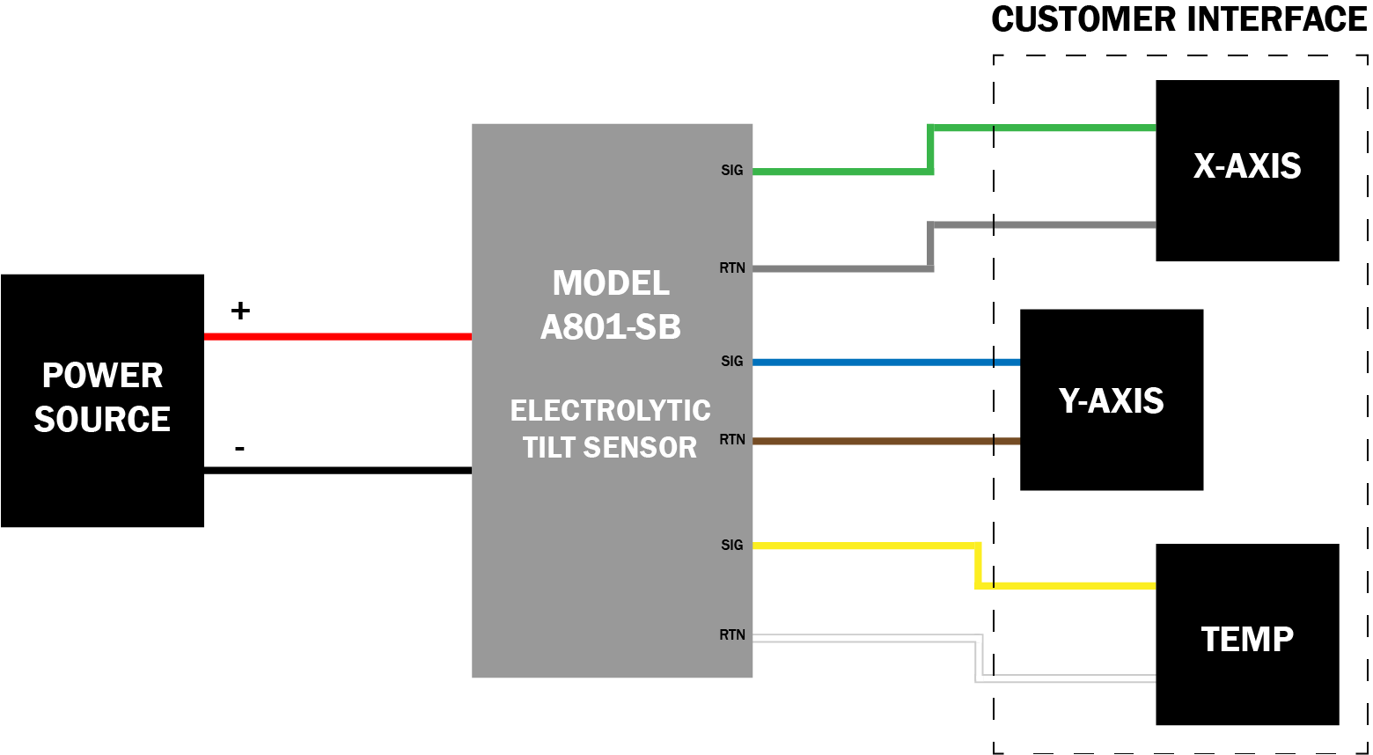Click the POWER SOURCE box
(102, 400)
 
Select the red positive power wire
(338, 336)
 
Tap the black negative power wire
(338, 470)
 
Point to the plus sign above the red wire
(240, 311)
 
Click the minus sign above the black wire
(239, 449)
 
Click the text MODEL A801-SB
(611, 304)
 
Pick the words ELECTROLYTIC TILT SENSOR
(610, 429)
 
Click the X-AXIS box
(1247, 171)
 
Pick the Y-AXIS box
(1112, 399)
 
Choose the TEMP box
(1247, 634)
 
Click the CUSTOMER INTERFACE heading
(1178, 19)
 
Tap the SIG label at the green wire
(732, 171)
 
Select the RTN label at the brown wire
(732, 440)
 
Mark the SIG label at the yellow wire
(732, 546)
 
